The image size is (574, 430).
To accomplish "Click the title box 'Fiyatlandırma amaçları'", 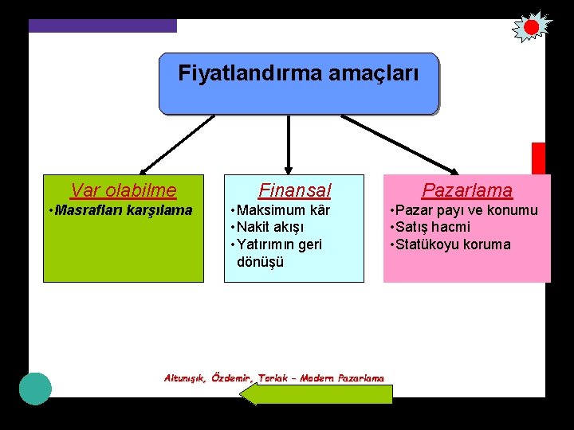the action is [299, 84].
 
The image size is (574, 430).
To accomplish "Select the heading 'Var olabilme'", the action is [124, 190].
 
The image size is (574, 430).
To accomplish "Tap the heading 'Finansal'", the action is [294, 190].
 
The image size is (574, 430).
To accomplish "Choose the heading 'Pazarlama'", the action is [467, 190].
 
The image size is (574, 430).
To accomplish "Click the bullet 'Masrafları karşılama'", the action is [120, 210].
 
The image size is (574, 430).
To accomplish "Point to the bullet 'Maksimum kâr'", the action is [280, 210].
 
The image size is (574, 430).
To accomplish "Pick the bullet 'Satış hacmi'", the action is [430, 227].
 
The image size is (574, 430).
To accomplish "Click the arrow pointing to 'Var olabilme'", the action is [177, 144].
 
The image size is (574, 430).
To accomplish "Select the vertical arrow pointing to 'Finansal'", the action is [289, 143].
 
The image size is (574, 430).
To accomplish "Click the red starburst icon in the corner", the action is [531, 27].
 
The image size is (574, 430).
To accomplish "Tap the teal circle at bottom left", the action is [35, 388].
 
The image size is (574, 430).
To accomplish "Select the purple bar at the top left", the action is [102, 25].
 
